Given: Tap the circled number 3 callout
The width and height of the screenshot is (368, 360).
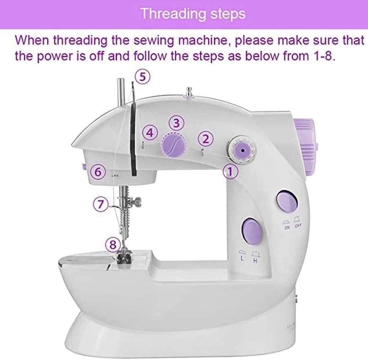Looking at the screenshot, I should click(177, 123).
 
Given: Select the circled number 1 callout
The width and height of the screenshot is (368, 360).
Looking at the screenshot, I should click(231, 172).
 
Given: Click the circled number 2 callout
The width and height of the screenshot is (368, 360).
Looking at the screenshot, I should click(206, 138).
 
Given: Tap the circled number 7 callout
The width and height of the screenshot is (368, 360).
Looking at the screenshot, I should click(101, 204).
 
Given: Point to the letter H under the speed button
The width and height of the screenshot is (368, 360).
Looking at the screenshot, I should click(255, 261).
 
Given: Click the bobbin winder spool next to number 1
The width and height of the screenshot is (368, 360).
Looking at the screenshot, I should click(241, 150).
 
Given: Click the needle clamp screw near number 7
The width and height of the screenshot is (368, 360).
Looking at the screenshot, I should click(138, 201).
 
